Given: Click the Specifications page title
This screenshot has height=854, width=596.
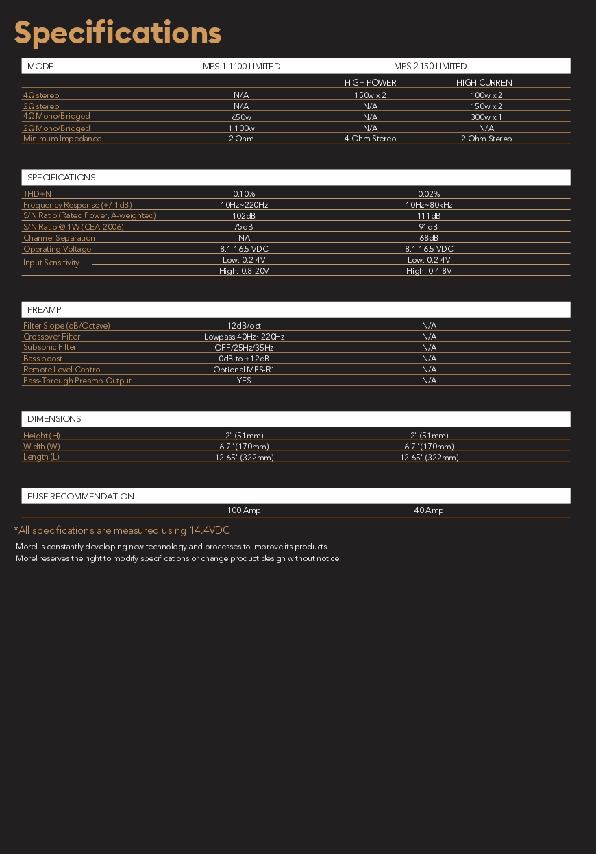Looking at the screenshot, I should [118, 32].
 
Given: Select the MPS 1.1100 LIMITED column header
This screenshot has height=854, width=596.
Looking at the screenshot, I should [241, 67].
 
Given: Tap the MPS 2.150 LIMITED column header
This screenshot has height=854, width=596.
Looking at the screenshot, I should [430, 67].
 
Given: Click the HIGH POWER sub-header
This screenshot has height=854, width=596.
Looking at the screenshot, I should [370, 83].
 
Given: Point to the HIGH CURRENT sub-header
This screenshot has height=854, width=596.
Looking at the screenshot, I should [486, 83].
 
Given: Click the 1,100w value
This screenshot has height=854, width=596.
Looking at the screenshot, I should [241, 128].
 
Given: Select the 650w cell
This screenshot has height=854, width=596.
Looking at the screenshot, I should [241, 117].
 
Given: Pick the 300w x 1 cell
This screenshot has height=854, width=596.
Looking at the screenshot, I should [486, 117].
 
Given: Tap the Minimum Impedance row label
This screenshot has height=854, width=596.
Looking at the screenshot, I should [62, 139].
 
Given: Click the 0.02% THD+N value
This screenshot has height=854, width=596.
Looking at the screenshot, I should [429, 194].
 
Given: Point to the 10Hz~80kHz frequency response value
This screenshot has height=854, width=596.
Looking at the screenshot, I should [429, 205].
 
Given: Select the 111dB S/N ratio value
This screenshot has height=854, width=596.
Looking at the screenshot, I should [429, 216].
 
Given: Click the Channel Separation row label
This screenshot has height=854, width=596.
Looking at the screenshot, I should [59, 238].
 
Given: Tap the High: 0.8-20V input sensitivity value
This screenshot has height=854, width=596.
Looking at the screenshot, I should [244, 271].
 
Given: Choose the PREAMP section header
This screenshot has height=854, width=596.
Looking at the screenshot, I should [45, 310].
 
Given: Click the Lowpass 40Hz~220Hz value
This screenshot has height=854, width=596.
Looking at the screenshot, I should [244, 337].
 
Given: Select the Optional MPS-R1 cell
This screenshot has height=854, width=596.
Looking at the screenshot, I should [244, 370].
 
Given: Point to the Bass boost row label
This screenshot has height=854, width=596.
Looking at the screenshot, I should [42, 359].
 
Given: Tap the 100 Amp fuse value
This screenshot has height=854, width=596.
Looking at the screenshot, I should [244, 510].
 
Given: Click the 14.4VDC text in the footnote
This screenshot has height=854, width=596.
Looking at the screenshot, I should [210, 530].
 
